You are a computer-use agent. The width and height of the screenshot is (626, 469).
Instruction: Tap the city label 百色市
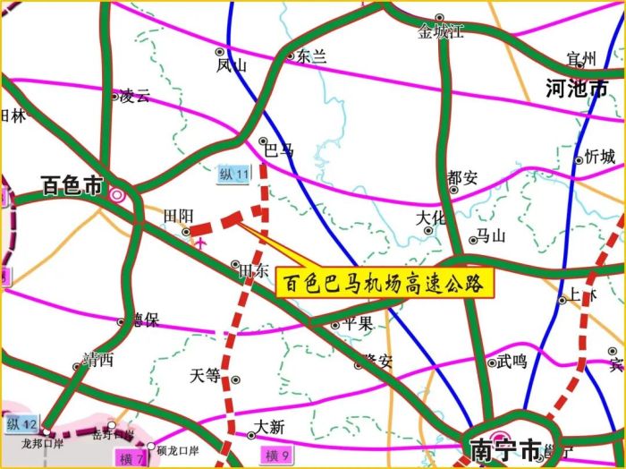tap(72, 186)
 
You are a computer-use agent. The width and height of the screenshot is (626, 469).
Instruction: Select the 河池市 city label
tap(577, 88)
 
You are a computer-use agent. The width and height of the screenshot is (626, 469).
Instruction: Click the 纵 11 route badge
tap(233, 174)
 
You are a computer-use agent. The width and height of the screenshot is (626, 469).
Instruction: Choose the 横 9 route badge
tap(277, 456)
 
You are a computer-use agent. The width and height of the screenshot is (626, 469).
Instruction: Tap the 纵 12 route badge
tap(22, 422)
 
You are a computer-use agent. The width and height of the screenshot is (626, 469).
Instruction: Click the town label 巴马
tap(279, 149)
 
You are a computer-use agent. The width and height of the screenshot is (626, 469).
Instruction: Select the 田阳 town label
tap(178, 216)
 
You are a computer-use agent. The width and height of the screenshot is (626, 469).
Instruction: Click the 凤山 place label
tap(230, 64)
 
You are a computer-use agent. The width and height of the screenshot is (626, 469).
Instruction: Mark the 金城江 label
tap(442, 32)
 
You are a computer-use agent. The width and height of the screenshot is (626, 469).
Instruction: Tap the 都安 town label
tap(464, 176)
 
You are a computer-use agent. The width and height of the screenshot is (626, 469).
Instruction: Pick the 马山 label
tap(491, 236)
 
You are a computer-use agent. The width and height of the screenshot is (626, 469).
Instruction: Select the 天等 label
tap(205, 376)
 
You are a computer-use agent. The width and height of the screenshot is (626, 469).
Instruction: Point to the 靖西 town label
tap(97, 360)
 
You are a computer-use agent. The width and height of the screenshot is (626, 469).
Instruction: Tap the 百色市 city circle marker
tap(117, 192)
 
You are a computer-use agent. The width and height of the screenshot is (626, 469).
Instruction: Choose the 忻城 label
tap(600, 157)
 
